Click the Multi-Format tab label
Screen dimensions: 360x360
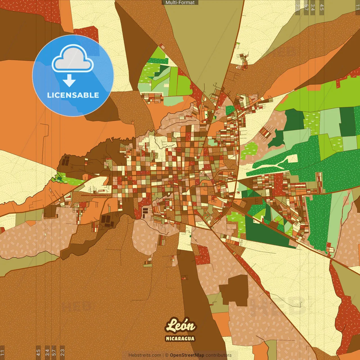click(180, 3)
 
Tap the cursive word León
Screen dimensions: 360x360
click(180, 326)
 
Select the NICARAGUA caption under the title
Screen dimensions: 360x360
click(180, 339)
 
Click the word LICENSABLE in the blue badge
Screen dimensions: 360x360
click(73, 95)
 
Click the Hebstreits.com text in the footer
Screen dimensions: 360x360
click(145, 355)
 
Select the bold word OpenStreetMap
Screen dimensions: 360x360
click(187, 355)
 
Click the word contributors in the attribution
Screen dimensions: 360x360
click(219, 355)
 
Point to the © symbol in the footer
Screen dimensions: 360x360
click(167, 355)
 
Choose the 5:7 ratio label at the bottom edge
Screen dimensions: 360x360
click(54, 352)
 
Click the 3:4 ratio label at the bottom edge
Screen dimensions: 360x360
click(47, 352)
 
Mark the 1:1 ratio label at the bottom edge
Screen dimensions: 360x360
click(2, 352)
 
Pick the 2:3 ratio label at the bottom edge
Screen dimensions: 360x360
click(62, 352)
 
